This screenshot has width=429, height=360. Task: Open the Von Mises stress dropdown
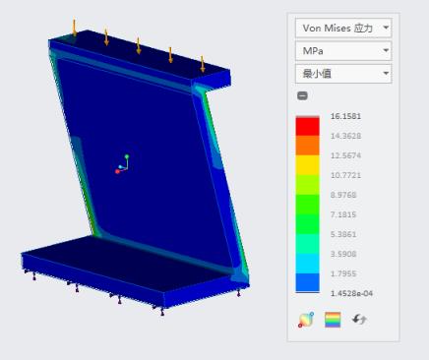(x=343, y=28)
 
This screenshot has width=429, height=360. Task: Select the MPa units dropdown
(x=343, y=51)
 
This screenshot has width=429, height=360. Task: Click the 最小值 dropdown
(x=343, y=74)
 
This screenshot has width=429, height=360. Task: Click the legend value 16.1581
(x=345, y=116)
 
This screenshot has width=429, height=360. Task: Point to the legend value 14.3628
(x=345, y=136)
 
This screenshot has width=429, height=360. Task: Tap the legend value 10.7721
(x=345, y=175)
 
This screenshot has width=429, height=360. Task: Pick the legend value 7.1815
(x=343, y=214)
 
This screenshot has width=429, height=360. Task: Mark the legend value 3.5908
(x=343, y=254)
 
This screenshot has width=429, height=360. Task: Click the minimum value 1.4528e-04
(x=351, y=293)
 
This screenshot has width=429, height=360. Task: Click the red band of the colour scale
(x=307, y=126)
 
